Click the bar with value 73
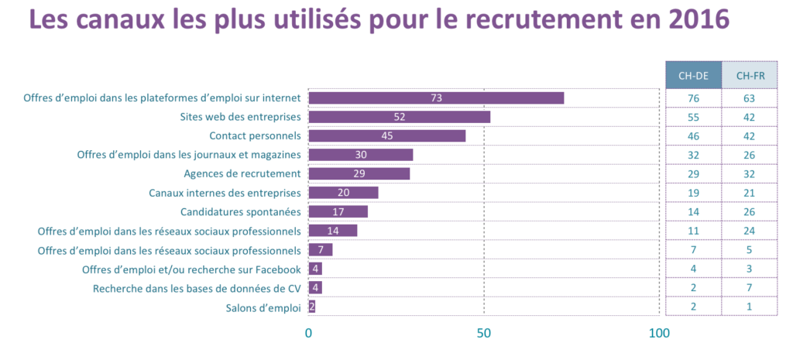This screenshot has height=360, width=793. click(x=436, y=98)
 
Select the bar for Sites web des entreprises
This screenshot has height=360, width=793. click(x=400, y=117)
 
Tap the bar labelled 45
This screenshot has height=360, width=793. click(x=387, y=135)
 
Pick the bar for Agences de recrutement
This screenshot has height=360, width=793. click(x=359, y=173)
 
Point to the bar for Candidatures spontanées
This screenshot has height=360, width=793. click(x=338, y=211)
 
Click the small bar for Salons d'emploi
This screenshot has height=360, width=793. click(x=312, y=307)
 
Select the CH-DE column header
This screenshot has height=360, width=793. click(x=693, y=75)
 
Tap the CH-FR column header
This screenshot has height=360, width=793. click(x=750, y=75)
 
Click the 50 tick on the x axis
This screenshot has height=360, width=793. click(x=484, y=334)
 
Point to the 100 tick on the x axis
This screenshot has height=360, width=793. click(x=659, y=334)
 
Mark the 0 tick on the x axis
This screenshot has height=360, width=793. click(x=309, y=334)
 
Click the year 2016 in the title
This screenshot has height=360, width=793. click(x=690, y=20)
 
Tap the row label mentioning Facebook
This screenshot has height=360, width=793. click(x=191, y=269)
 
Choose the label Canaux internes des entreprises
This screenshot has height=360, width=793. click(x=225, y=192)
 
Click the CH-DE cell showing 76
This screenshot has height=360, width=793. click(x=693, y=98)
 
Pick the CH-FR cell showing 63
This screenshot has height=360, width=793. click(x=750, y=98)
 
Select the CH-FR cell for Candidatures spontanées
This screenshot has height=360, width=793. click(x=750, y=211)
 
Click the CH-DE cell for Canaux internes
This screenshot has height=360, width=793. click(x=693, y=192)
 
